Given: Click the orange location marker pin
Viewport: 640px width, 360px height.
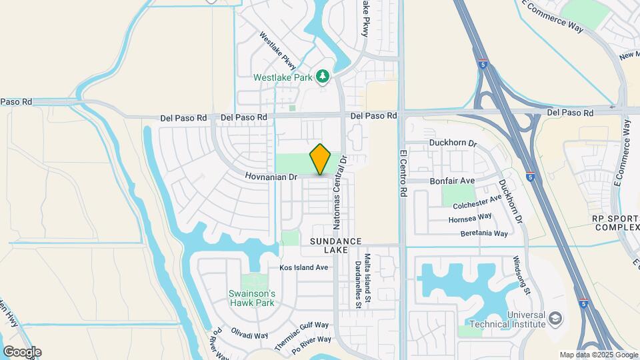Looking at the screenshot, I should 321,159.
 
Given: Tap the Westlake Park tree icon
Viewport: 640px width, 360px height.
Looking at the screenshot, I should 323,77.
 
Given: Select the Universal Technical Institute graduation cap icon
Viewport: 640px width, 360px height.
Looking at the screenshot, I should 555,319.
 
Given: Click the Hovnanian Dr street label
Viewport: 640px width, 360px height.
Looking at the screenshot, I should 271,177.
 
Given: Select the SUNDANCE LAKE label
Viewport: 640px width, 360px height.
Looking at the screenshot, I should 335,245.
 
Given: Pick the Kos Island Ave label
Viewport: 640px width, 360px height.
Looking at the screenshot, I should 304,267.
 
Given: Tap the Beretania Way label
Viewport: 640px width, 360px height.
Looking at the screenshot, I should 484,233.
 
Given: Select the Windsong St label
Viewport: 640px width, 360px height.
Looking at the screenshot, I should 521,276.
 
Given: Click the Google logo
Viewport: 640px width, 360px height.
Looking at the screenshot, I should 22,351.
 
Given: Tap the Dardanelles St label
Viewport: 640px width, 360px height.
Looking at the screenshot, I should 358,284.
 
